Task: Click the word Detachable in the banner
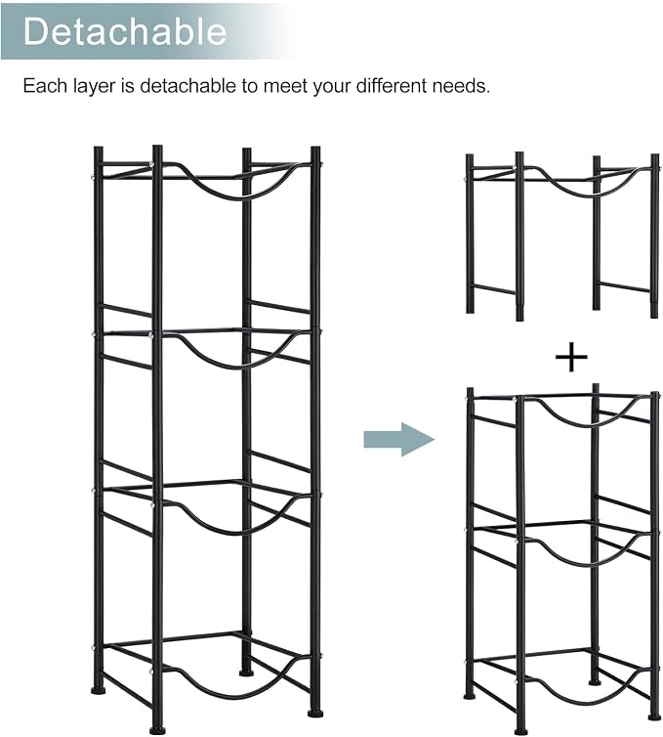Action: [125, 31]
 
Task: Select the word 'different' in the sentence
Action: [392, 86]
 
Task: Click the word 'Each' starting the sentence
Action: [45, 86]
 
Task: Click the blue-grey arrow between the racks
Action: [399, 440]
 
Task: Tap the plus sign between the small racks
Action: [571, 358]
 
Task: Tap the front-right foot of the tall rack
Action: [315, 713]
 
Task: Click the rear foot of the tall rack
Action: [245, 673]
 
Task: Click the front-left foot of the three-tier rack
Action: [519, 731]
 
